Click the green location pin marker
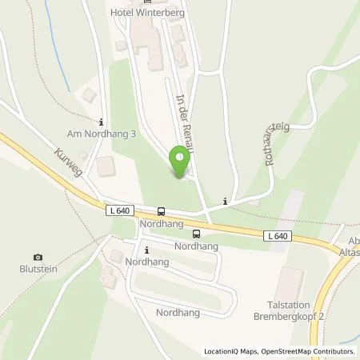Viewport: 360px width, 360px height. [x=181, y=163]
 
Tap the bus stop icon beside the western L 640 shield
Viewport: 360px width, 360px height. [x=162, y=211]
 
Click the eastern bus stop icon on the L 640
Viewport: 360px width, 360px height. [x=196, y=234]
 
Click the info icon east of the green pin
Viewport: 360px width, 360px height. [x=226, y=202]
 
